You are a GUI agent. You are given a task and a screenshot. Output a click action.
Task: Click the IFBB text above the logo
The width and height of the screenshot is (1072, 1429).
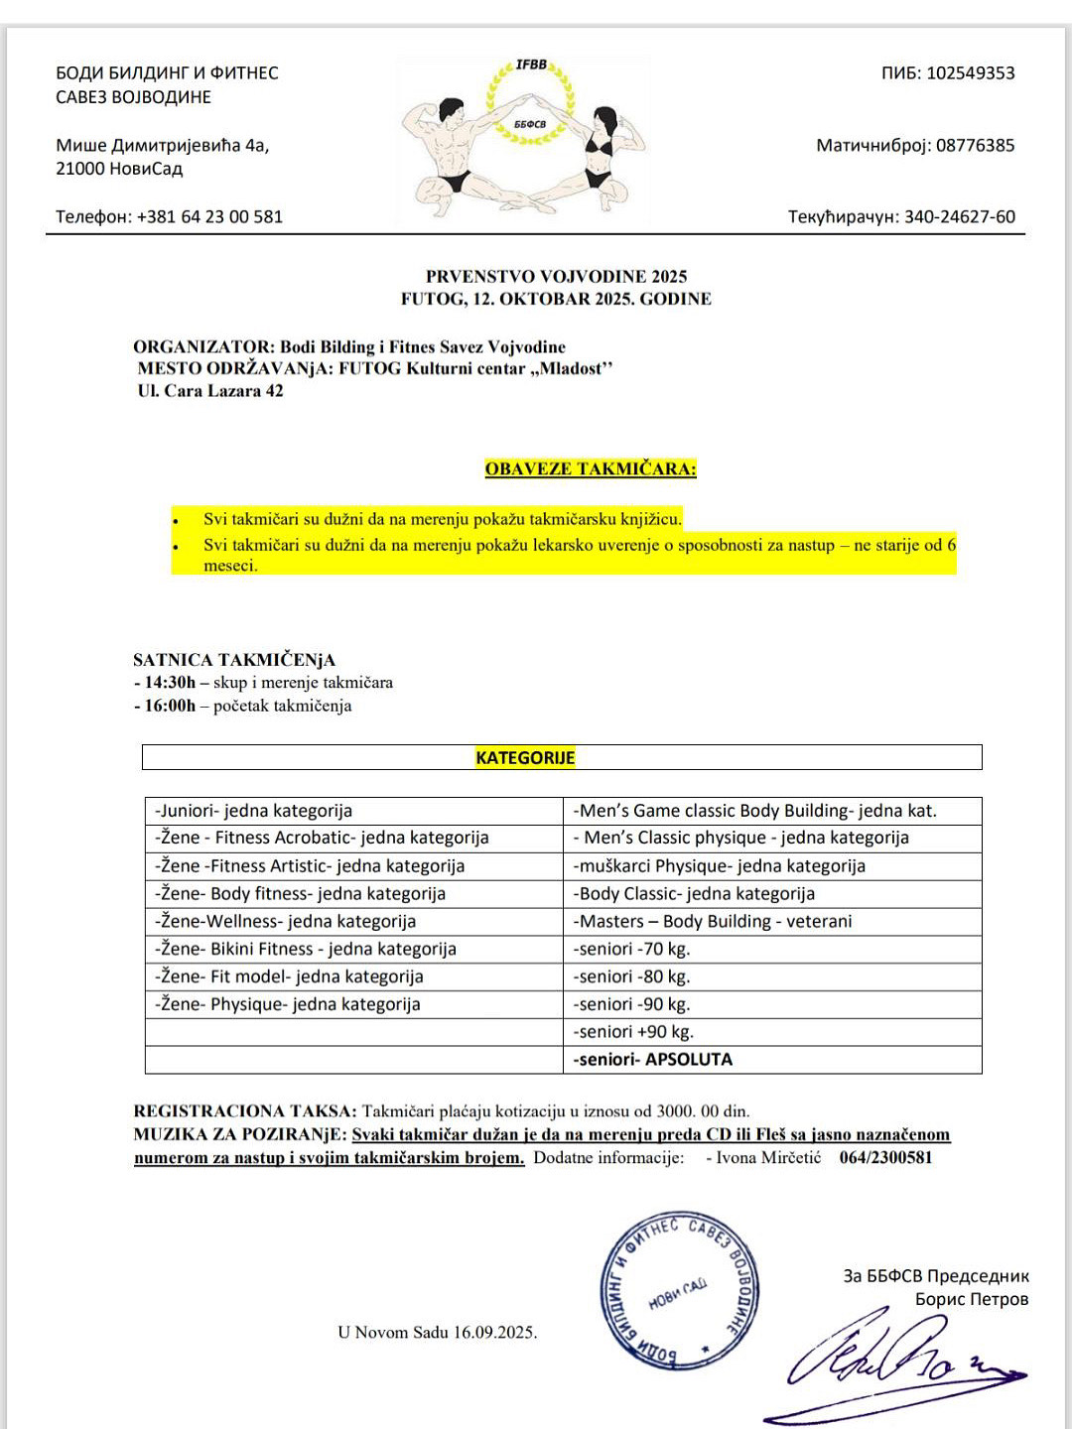click(531, 65)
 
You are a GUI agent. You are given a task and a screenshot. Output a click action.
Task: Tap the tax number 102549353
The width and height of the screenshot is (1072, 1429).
click(970, 72)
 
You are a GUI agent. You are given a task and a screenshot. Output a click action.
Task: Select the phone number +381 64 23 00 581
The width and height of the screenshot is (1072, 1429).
click(209, 216)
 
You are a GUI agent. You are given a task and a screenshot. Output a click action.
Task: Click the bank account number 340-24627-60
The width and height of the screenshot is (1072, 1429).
click(959, 216)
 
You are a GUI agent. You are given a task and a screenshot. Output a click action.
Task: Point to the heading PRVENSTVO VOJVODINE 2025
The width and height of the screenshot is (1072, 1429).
click(556, 276)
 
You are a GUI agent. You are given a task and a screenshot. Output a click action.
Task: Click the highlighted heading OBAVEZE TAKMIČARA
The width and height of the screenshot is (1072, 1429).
click(591, 468)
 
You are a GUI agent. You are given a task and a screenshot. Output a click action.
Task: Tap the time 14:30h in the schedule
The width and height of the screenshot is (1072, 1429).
click(170, 682)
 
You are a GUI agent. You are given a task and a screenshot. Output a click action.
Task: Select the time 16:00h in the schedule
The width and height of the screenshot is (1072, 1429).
click(170, 706)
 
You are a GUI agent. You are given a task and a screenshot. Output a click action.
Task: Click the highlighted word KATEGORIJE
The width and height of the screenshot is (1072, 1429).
click(525, 757)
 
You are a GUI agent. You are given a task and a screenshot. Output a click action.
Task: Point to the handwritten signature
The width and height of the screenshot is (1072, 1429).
click(893, 1364)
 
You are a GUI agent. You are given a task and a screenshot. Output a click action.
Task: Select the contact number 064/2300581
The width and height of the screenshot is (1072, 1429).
click(885, 1157)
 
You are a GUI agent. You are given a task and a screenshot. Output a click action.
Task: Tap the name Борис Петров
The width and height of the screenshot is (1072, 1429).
click(971, 1299)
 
